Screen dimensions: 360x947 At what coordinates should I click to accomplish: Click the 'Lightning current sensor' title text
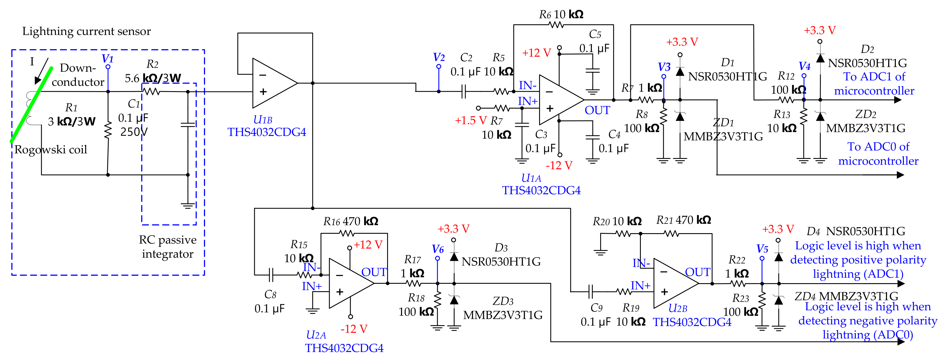(86, 31)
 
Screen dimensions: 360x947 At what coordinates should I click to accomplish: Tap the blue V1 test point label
(107, 59)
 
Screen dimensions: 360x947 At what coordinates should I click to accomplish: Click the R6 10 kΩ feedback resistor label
(561, 14)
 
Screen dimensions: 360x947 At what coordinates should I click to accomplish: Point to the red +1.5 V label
(471, 120)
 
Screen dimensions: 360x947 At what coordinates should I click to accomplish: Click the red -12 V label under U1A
(559, 165)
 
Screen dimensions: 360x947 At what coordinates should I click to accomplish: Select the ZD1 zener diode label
(723, 122)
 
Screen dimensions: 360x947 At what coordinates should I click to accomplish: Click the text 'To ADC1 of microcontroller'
(874, 83)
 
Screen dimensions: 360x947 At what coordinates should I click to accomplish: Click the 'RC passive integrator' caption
(168, 247)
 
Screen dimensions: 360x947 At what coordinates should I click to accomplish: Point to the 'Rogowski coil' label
(51, 150)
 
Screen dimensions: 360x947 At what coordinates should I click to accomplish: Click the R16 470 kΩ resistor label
(350, 221)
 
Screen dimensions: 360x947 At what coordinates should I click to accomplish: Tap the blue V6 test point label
(437, 249)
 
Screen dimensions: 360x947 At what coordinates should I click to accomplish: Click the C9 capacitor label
(596, 308)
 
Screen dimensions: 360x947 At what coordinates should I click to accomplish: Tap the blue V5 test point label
(762, 249)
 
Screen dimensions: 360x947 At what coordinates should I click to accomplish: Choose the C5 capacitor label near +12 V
(595, 34)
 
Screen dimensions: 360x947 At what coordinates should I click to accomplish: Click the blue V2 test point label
(439, 57)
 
